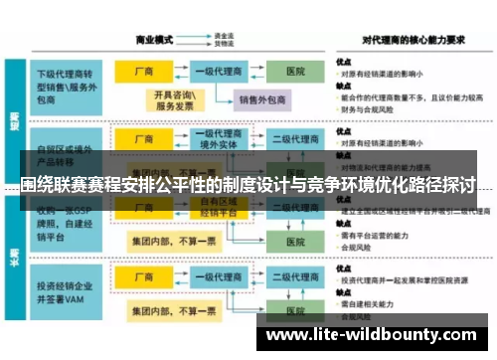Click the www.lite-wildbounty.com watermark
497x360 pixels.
pyautogui.click(x=374, y=334)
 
